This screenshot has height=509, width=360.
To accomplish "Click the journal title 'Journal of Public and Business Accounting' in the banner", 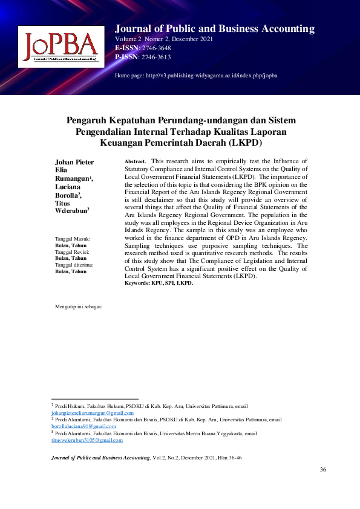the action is [215, 29].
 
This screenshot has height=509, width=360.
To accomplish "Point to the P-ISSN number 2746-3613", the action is [156, 57].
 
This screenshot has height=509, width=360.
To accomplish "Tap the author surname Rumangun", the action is [72, 179].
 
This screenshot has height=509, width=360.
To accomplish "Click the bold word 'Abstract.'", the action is [136, 162].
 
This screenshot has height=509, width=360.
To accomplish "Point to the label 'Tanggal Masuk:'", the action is [73, 239].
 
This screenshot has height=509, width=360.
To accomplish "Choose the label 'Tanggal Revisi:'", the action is [73, 252].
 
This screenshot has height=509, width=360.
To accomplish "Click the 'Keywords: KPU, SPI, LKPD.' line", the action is [159, 283].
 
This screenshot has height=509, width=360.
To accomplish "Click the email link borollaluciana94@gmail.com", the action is [83, 426].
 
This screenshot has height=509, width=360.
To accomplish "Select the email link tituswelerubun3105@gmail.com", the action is [87, 441].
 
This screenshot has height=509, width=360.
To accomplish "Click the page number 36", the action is [322, 470].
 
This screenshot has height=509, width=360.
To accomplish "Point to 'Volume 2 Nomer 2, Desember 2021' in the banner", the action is [163, 39].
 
